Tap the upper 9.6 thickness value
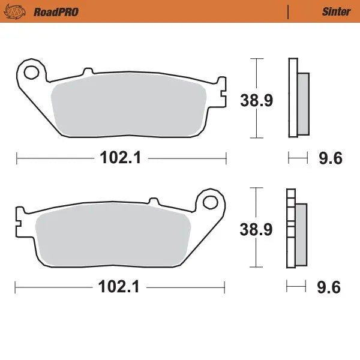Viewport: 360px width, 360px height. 329,158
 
